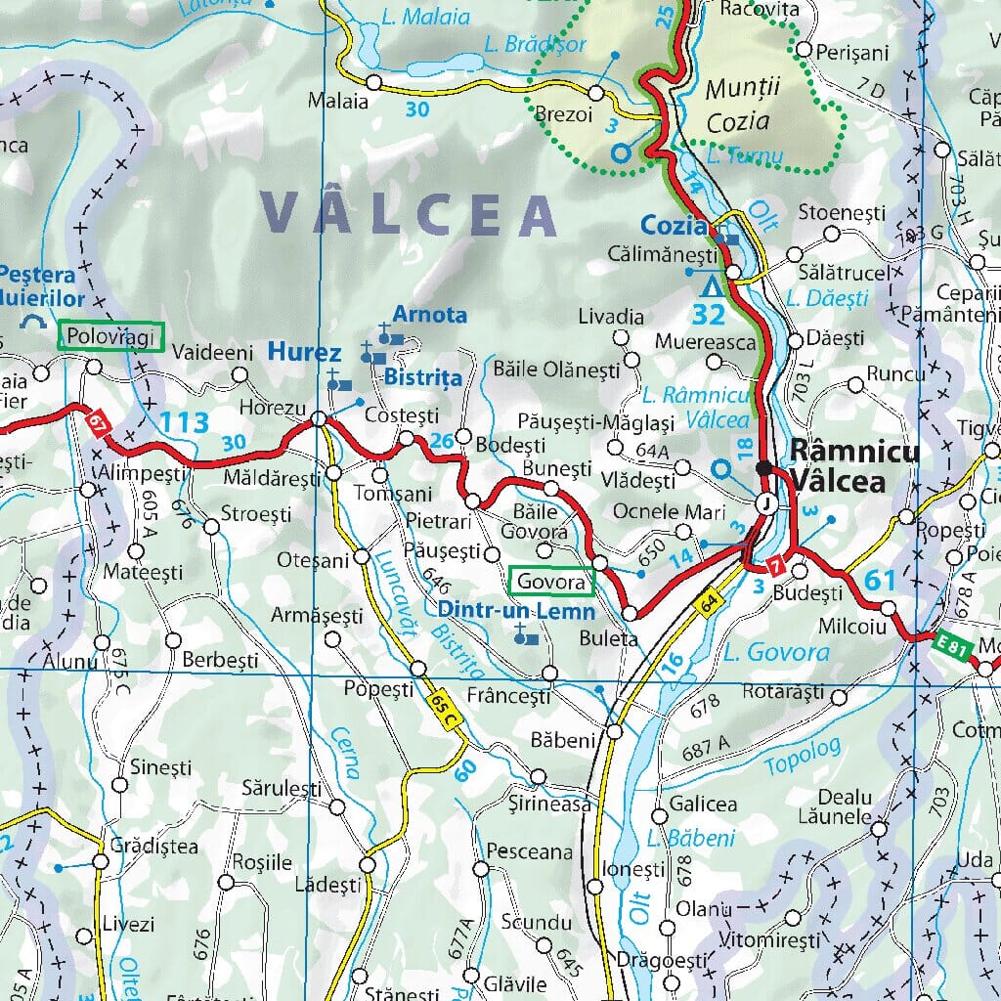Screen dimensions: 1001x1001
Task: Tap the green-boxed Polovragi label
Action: [109, 336]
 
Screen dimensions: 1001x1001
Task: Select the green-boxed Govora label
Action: [552, 582]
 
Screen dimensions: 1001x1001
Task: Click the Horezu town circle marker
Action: [319, 419]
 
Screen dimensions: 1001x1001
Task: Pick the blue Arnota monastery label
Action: [429, 315]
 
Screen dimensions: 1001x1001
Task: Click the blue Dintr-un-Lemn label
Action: [516, 611]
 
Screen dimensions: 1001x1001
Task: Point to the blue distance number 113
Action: [184, 423]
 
